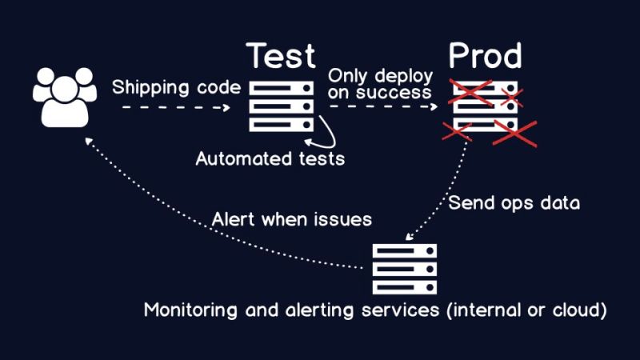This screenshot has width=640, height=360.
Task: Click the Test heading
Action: coord(282,57)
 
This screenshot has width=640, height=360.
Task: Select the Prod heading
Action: coord(485,57)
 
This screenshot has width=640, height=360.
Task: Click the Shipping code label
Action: coord(176,87)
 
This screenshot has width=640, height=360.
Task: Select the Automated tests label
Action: coord(270,158)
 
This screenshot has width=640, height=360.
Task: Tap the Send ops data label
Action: coord(514,202)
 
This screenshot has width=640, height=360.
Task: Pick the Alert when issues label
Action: coord(292,218)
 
